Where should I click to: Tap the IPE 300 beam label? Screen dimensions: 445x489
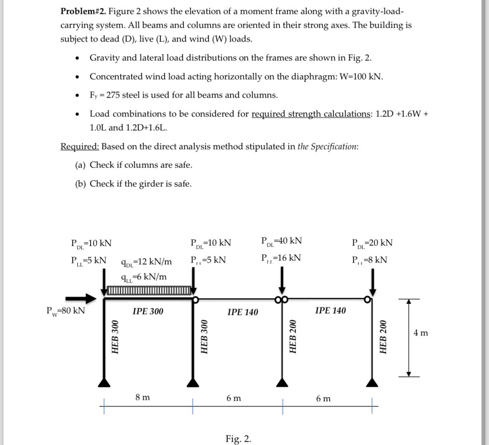coord(148,311)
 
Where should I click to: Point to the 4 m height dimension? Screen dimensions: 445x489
coord(420,333)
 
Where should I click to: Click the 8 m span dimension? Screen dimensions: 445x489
coord(143,398)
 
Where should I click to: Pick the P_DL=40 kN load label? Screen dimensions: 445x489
coord(281,241)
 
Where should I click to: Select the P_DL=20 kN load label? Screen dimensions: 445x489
coord(372,243)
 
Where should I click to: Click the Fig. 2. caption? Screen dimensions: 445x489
coord(238,438)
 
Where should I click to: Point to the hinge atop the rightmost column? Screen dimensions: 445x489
coord(367,299)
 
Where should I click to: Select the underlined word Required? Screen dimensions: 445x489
coord(79,147)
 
